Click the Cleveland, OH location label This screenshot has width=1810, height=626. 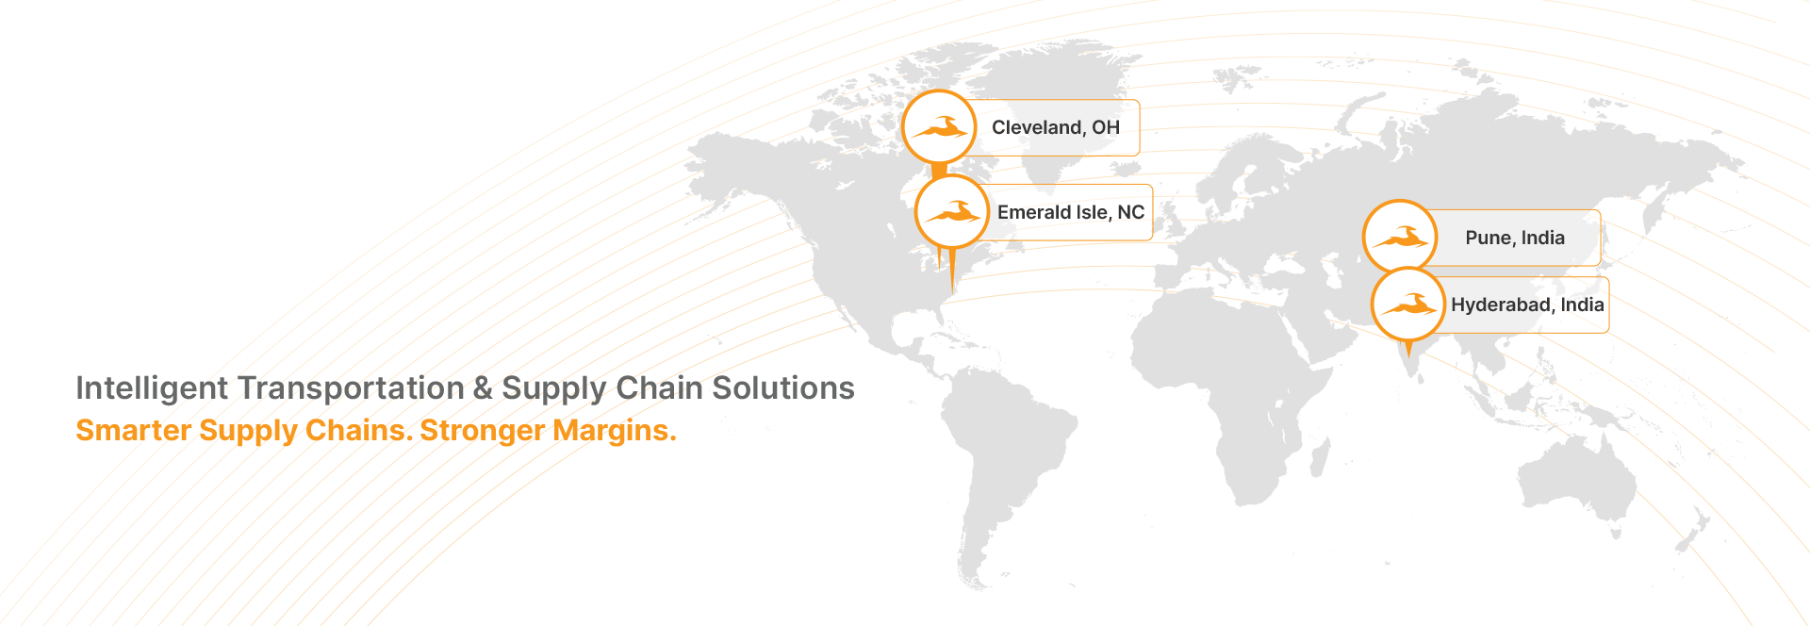coord(1056,128)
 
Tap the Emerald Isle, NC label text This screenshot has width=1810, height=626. coord(1071,212)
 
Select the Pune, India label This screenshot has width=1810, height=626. coord(1515,238)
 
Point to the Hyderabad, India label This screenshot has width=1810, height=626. coord(1527,305)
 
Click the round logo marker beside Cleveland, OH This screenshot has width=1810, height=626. coord(939,127)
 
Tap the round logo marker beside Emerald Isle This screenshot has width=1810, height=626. coord(952,211)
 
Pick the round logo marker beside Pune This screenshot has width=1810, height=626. coord(1400,237)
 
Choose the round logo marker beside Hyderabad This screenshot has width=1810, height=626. coord(1407,304)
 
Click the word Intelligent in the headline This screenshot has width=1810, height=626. coord(152,388)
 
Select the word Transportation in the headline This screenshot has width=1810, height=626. coord(352,388)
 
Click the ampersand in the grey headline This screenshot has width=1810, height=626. coord(483,388)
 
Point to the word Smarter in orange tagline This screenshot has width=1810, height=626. coord(134,430)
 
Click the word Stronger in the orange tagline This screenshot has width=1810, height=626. coord(483,430)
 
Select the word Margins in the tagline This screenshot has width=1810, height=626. coord(615,430)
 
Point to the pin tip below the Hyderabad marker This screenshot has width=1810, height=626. coord(1408,356)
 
